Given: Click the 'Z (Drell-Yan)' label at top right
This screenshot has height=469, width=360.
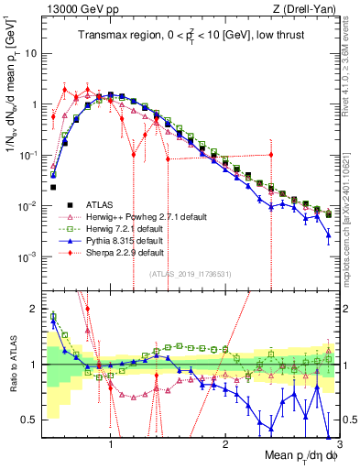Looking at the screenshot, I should pyautogui.click(x=307, y=8).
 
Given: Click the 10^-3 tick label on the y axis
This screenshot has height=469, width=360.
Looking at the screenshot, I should pyautogui.click(x=27, y=258).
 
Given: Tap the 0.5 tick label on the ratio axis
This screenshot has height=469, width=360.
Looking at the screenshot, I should pyautogui.click(x=30, y=420).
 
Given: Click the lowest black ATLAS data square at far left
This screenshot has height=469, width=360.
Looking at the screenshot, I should pyautogui.click(x=54, y=188).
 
